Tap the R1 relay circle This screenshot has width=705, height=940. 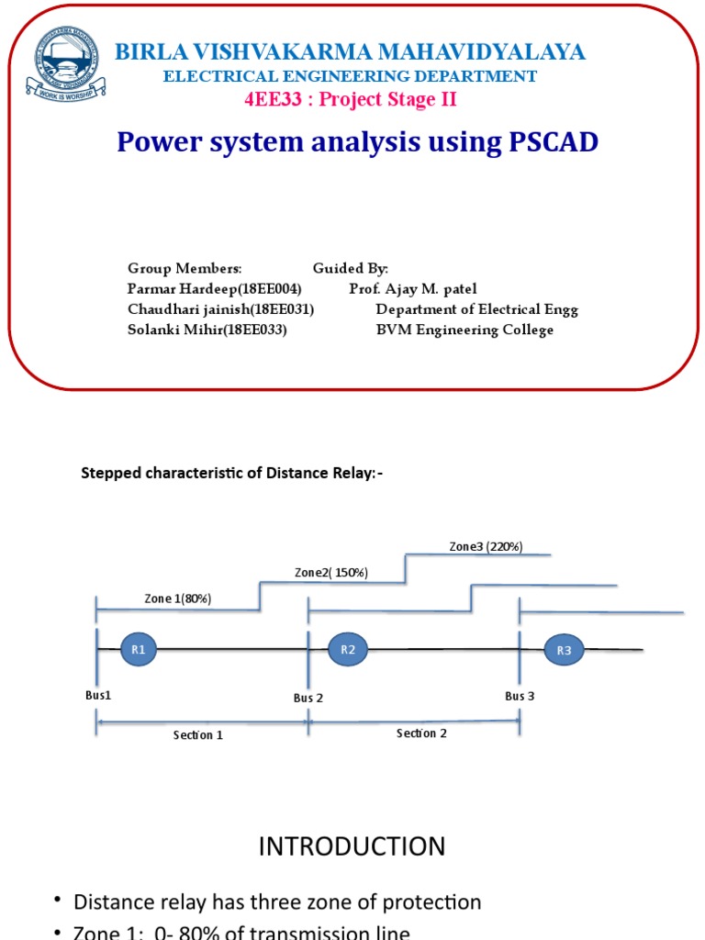139,650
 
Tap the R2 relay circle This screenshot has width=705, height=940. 348,650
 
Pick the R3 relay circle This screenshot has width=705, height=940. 564,651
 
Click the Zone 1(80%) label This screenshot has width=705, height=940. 178,599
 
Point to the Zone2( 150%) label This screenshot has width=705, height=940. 330,573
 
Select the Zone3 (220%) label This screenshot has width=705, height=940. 486,547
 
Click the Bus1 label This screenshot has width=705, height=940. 98,696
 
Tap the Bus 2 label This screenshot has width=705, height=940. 308,698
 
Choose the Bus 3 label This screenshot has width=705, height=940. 520,696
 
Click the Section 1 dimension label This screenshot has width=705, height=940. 198,735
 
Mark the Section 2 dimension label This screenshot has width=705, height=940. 421,733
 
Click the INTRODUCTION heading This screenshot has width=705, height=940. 352,846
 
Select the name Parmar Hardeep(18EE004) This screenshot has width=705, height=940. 215,289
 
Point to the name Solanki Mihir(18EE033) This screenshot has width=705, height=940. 207,330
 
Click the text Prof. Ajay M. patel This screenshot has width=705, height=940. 413,289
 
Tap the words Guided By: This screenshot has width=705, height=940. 351,268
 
